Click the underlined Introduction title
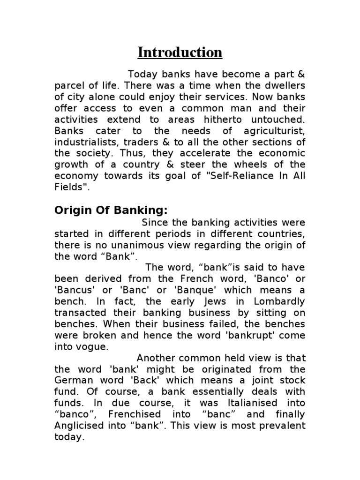180,52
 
